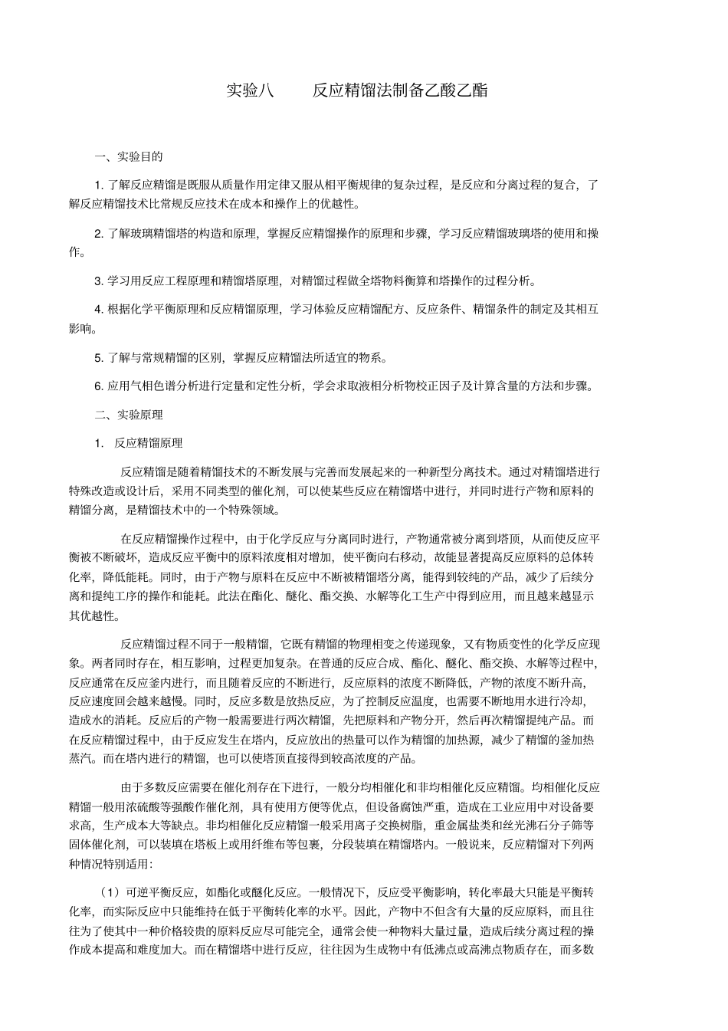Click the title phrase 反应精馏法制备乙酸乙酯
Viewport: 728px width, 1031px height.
(x=399, y=90)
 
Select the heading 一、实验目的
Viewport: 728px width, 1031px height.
(x=128, y=157)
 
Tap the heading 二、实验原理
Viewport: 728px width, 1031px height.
(x=128, y=415)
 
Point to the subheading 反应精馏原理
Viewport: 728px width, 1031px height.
(x=149, y=443)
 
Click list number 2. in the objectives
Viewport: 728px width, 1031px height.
(x=99, y=233)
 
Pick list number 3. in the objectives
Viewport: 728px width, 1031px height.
(x=99, y=281)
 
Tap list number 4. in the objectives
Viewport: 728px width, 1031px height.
(x=99, y=310)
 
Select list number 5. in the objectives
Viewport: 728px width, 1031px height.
(x=99, y=357)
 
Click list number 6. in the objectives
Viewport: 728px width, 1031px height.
(x=99, y=386)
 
